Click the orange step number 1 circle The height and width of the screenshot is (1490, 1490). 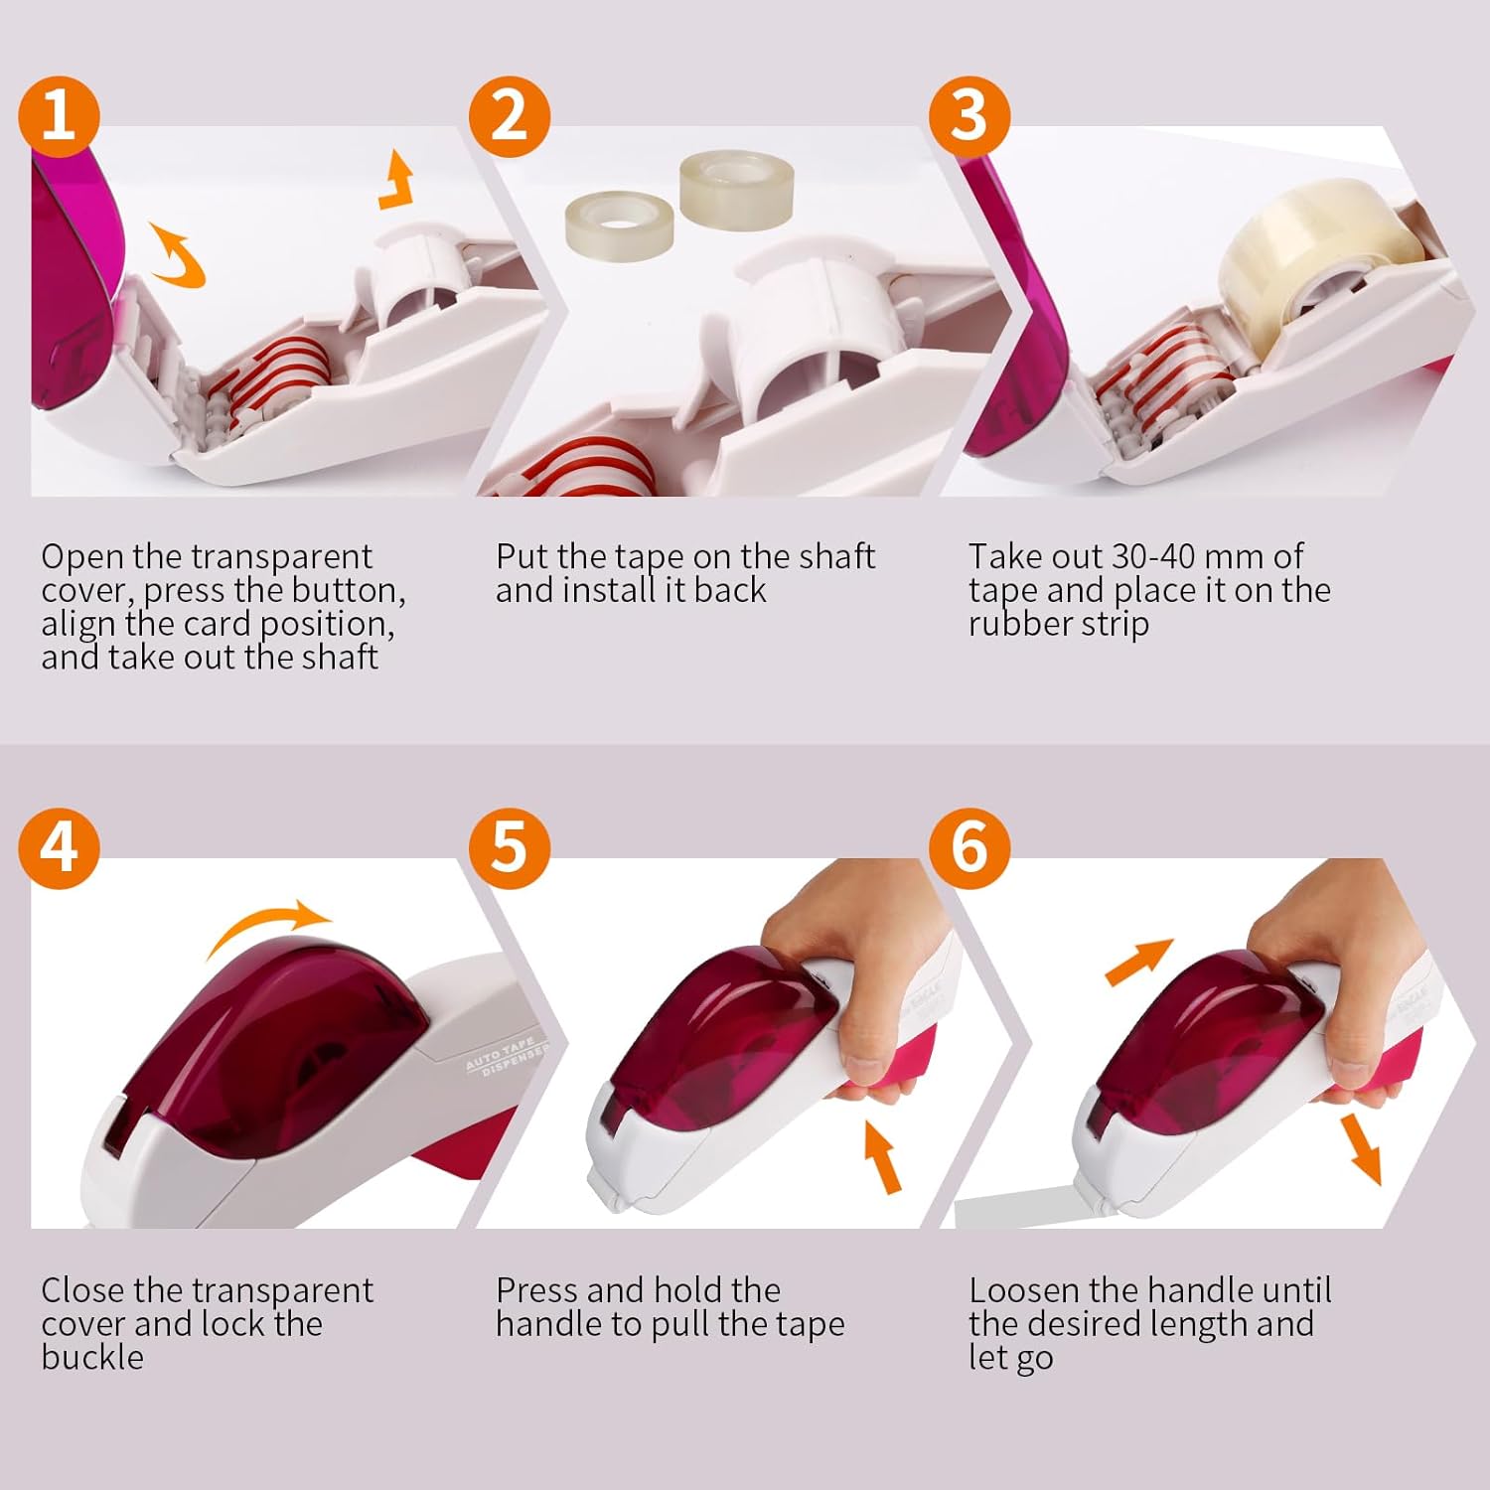pyautogui.click(x=60, y=116)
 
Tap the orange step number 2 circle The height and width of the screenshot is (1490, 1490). pyautogui.click(x=510, y=116)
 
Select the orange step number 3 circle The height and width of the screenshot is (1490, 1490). pyautogui.click(x=969, y=116)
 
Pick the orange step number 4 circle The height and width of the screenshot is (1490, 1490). pyautogui.click(x=60, y=848)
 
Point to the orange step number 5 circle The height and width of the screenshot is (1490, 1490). pyautogui.click(x=510, y=848)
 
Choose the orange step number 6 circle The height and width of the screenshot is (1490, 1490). pyautogui.click(x=969, y=848)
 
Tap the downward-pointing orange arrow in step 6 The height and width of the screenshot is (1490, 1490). pyautogui.click(x=1360, y=1149)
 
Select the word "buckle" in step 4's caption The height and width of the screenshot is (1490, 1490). pyautogui.click(x=92, y=1358)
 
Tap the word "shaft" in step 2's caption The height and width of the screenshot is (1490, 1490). pyautogui.click(x=834, y=556)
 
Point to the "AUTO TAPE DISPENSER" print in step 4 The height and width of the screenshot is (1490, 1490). pyautogui.click(x=507, y=1056)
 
